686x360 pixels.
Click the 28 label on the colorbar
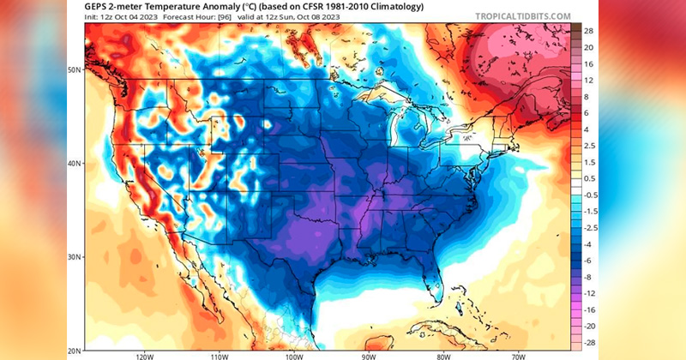(x=591, y=31)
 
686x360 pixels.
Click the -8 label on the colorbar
(x=591, y=277)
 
